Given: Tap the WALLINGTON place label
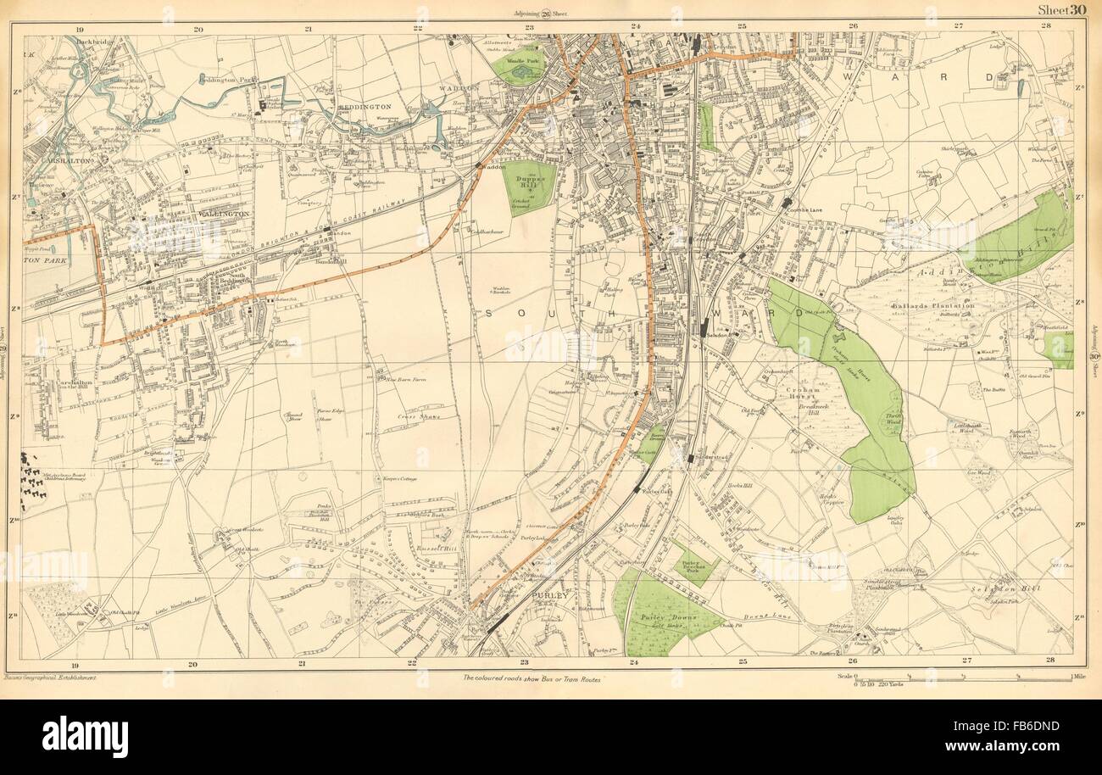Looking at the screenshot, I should [x=225, y=215].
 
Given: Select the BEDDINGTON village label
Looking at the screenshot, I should [x=367, y=108].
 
